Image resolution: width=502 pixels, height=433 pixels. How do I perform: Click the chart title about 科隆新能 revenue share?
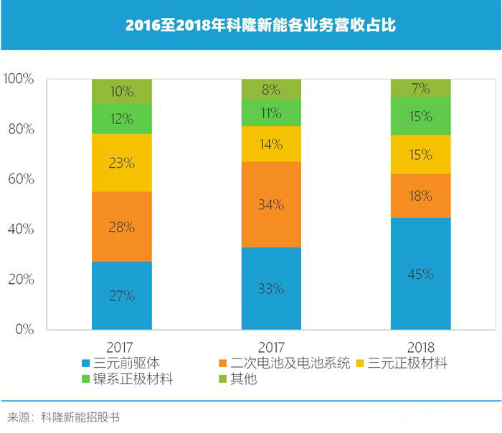point(250,25)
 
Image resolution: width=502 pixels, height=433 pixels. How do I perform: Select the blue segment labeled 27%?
point(122,295)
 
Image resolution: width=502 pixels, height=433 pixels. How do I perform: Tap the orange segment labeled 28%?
point(122,227)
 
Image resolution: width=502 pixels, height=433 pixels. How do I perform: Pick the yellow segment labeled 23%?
point(122,163)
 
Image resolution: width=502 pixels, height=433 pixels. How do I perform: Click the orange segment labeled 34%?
point(271,204)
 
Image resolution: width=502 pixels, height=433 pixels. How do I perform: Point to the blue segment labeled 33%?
point(271,289)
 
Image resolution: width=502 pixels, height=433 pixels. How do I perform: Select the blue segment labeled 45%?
point(420,274)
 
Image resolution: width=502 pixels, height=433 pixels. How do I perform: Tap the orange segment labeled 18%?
point(420,196)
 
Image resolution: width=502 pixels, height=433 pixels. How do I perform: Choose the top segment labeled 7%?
point(420,88)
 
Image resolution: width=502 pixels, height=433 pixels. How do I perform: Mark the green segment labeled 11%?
point(271,113)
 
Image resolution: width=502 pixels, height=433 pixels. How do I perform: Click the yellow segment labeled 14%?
point(271,143)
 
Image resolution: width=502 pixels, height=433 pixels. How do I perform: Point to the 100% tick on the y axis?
point(19,79)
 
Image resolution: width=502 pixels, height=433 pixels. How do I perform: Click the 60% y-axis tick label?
point(22,179)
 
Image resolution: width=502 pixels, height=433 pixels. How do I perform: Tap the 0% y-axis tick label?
point(25,330)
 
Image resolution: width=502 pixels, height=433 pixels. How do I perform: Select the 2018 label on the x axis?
point(420,346)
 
